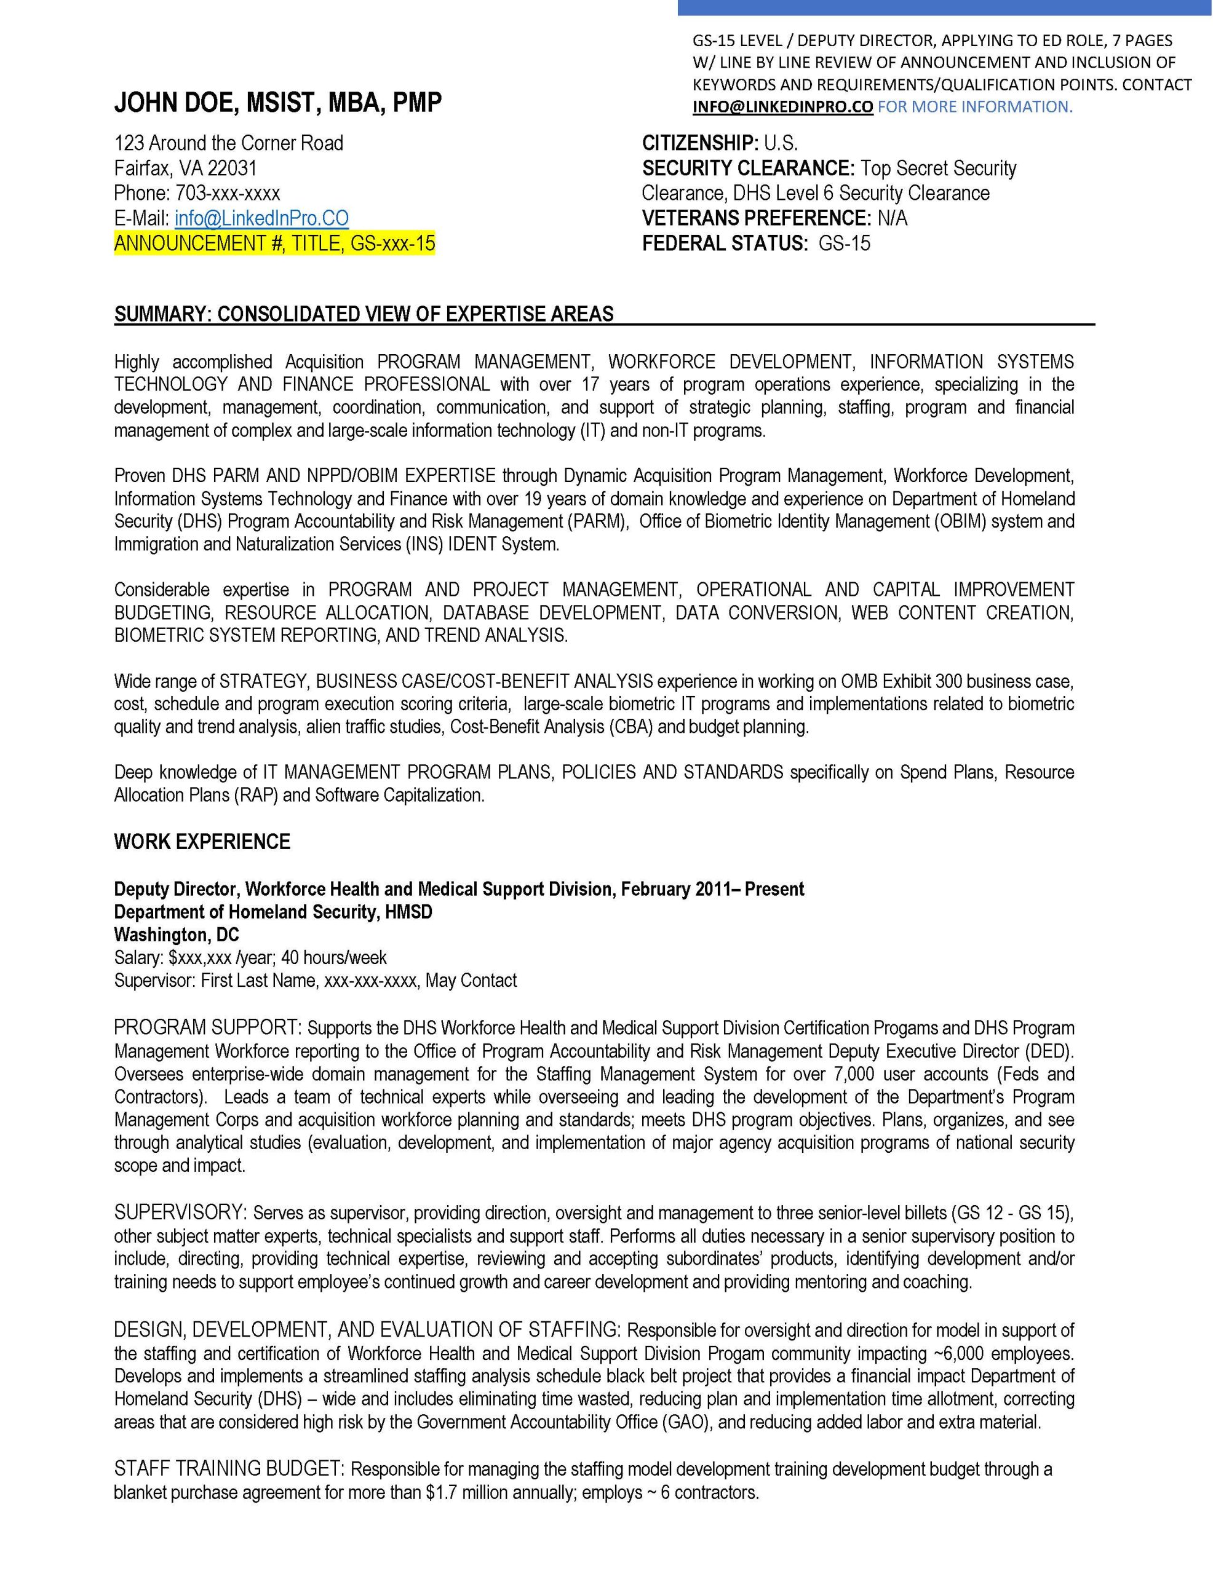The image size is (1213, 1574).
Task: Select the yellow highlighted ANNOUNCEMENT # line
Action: click(274, 243)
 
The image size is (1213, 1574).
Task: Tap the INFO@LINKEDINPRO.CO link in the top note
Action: click(782, 106)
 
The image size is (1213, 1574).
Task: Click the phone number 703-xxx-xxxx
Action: click(227, 193)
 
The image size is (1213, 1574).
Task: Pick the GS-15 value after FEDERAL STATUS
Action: click(844, 243)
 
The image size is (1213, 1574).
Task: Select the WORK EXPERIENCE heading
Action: click(202, 842)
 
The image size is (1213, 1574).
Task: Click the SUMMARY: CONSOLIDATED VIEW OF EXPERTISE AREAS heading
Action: click(364, 314)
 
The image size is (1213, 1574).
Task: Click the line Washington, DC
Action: click(177, 935)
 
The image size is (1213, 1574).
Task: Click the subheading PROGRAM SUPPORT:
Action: click(208, 1028)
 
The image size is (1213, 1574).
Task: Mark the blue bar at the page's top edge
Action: click(945, 7)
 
